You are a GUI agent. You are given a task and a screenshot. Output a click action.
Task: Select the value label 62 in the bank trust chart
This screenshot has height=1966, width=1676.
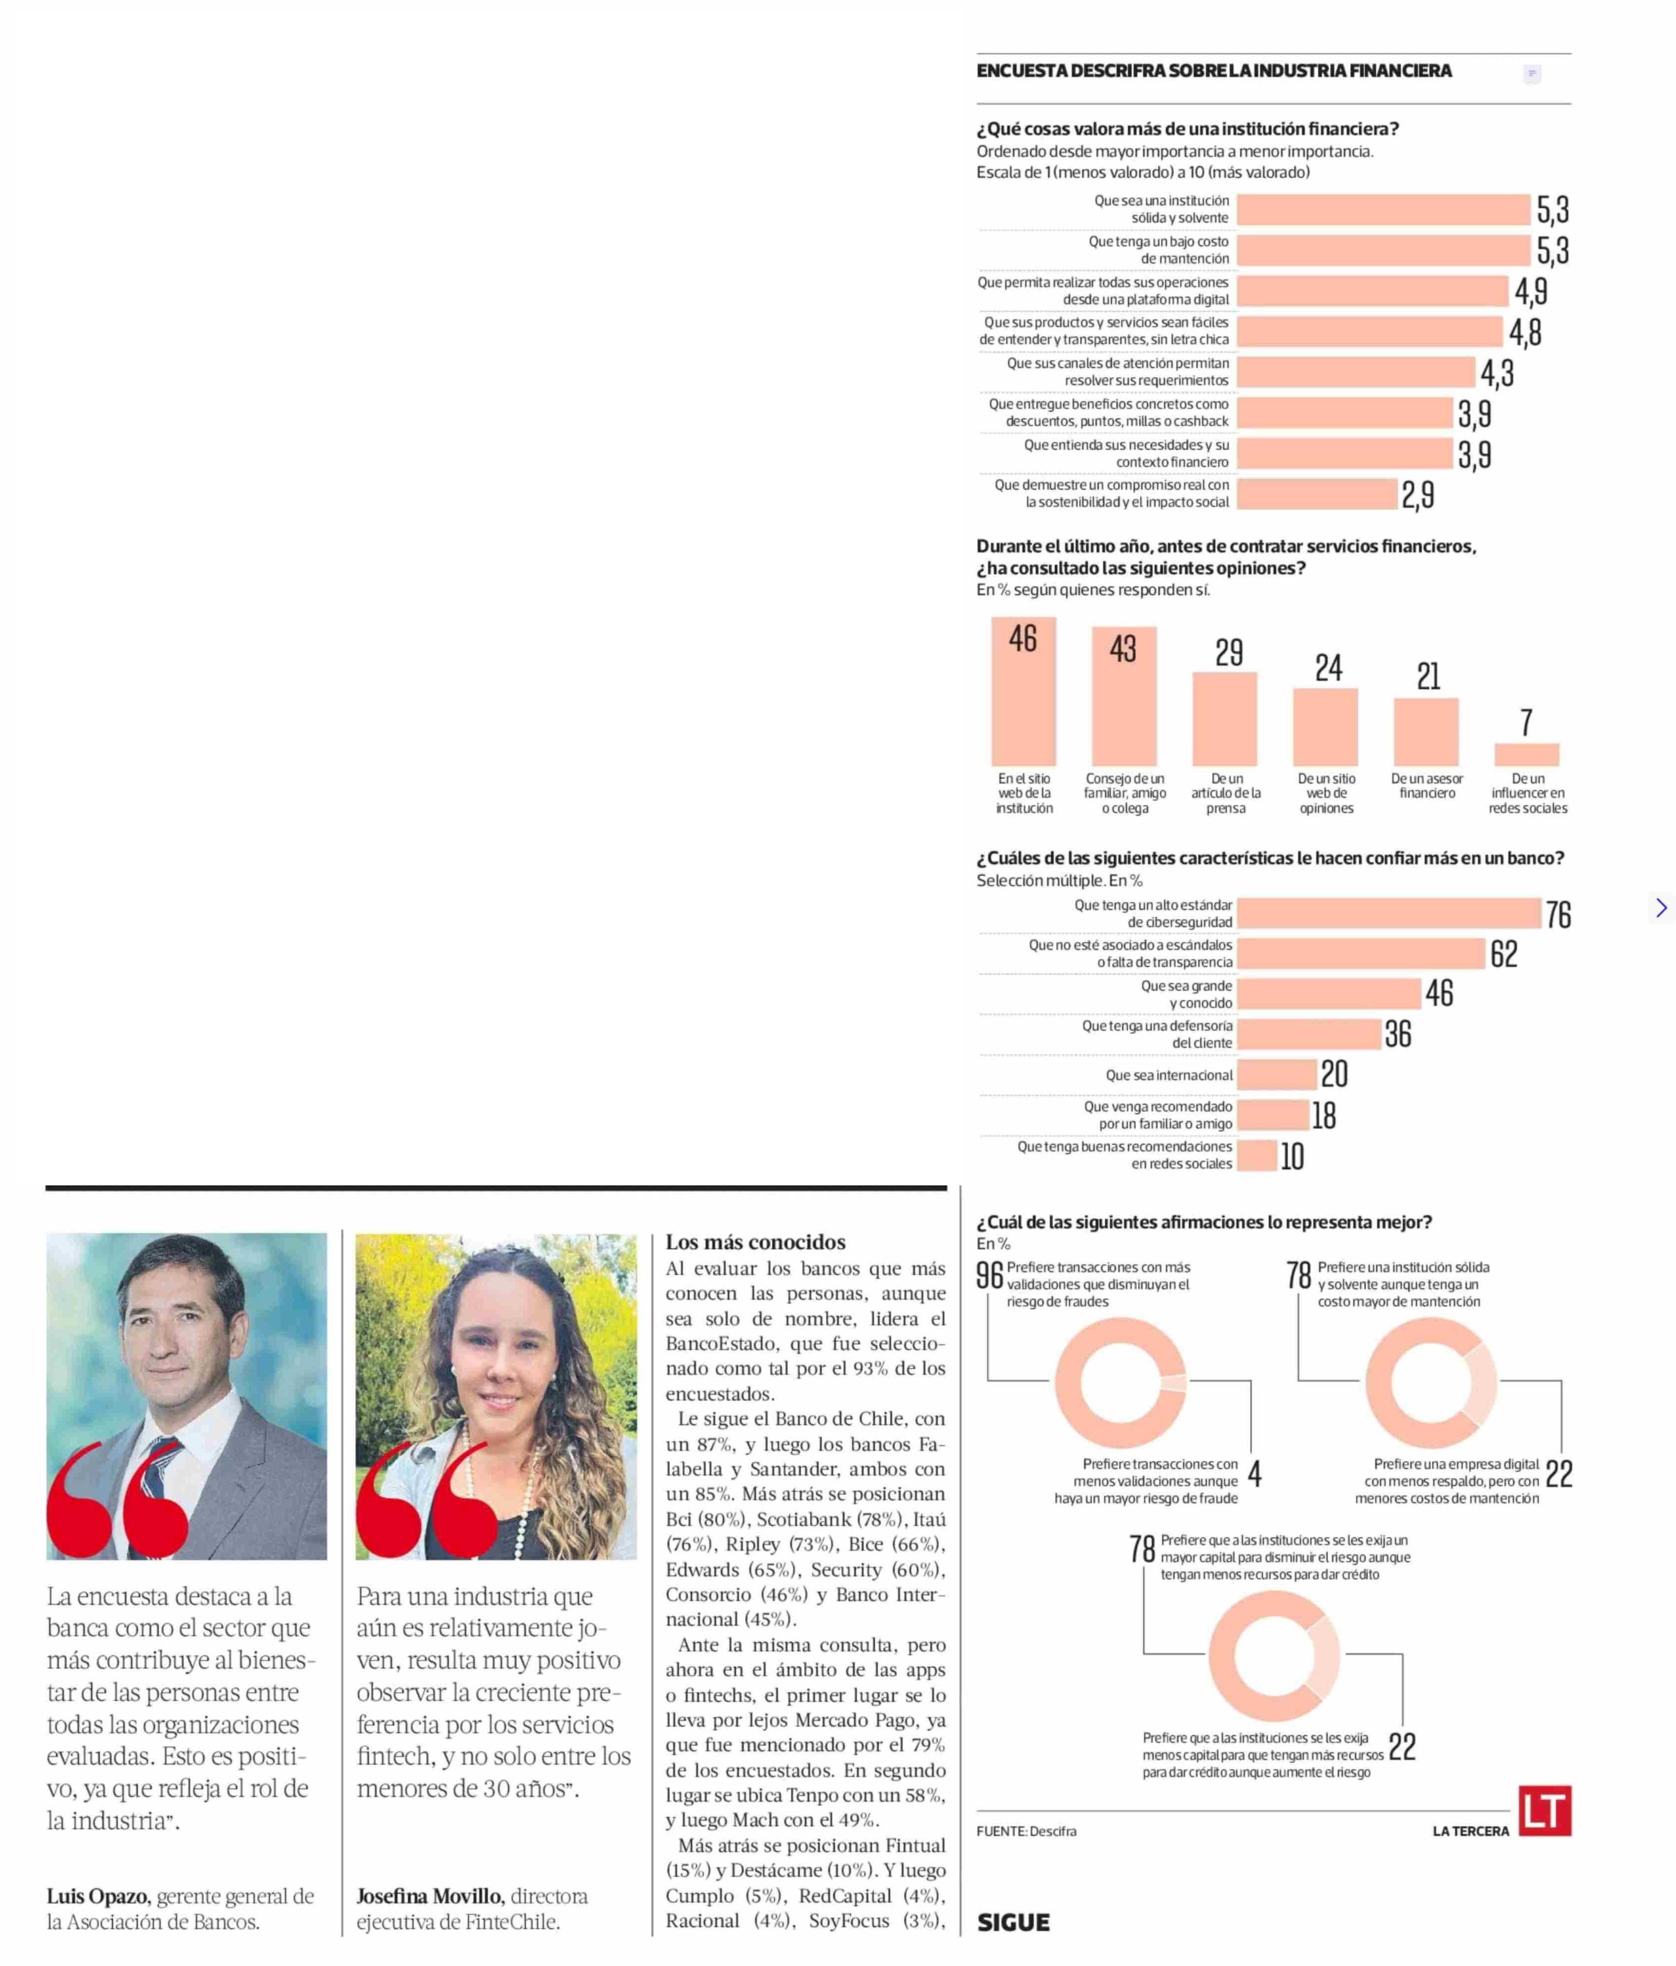click(x=1503, y=954)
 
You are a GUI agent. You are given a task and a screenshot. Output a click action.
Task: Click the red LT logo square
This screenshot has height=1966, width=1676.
click(x=1544, y=1810)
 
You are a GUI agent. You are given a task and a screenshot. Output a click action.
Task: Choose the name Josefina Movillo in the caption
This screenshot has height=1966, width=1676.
click(x=429, y=1896)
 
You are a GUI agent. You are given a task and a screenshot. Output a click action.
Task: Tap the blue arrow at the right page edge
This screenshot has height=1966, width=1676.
click(x=1661, y=908)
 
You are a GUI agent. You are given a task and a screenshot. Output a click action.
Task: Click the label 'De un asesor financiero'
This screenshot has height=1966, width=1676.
click(x=1426, y=786)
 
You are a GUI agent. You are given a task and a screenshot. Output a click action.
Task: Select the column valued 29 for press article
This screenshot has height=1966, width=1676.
click(x=1224, y=718)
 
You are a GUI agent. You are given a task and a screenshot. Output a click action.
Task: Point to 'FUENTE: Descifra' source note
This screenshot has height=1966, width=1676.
click(x=1026, y=1830)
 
